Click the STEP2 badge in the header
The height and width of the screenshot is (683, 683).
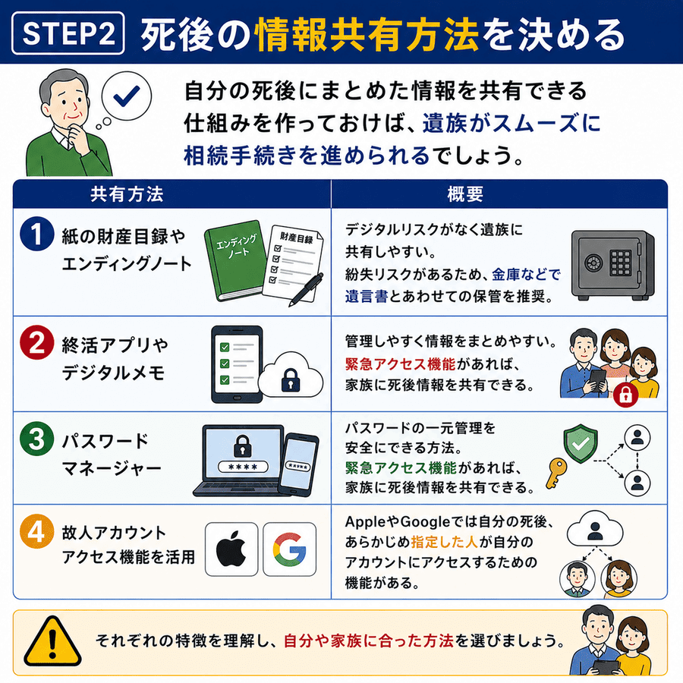tap(68, 33)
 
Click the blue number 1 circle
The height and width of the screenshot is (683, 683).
tap(36, 234)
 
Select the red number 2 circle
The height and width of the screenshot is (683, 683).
tap(36, 342)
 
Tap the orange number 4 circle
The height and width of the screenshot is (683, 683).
tap(36, 531)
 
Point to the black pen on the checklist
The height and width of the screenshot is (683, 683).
tap(306, 289)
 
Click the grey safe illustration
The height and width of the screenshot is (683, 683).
tap(613, 265)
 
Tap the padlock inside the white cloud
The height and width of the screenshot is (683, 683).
tap(291, 380)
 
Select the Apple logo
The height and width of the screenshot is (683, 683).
tap(231, 549)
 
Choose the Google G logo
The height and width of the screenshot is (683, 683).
tap(290, 549)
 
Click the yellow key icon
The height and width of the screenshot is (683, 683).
tap(556, 473)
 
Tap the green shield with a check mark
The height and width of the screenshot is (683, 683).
tap(581, 444)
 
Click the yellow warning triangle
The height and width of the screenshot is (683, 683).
tap(52, 641)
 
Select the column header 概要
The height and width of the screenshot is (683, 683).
tap(465, 194)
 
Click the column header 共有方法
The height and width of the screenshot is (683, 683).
tap(127, 194)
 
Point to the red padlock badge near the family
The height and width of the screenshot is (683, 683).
tap(625, 395)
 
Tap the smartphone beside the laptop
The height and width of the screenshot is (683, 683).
tap(299, 464)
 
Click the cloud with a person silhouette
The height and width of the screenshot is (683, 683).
tap(595, 528)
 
